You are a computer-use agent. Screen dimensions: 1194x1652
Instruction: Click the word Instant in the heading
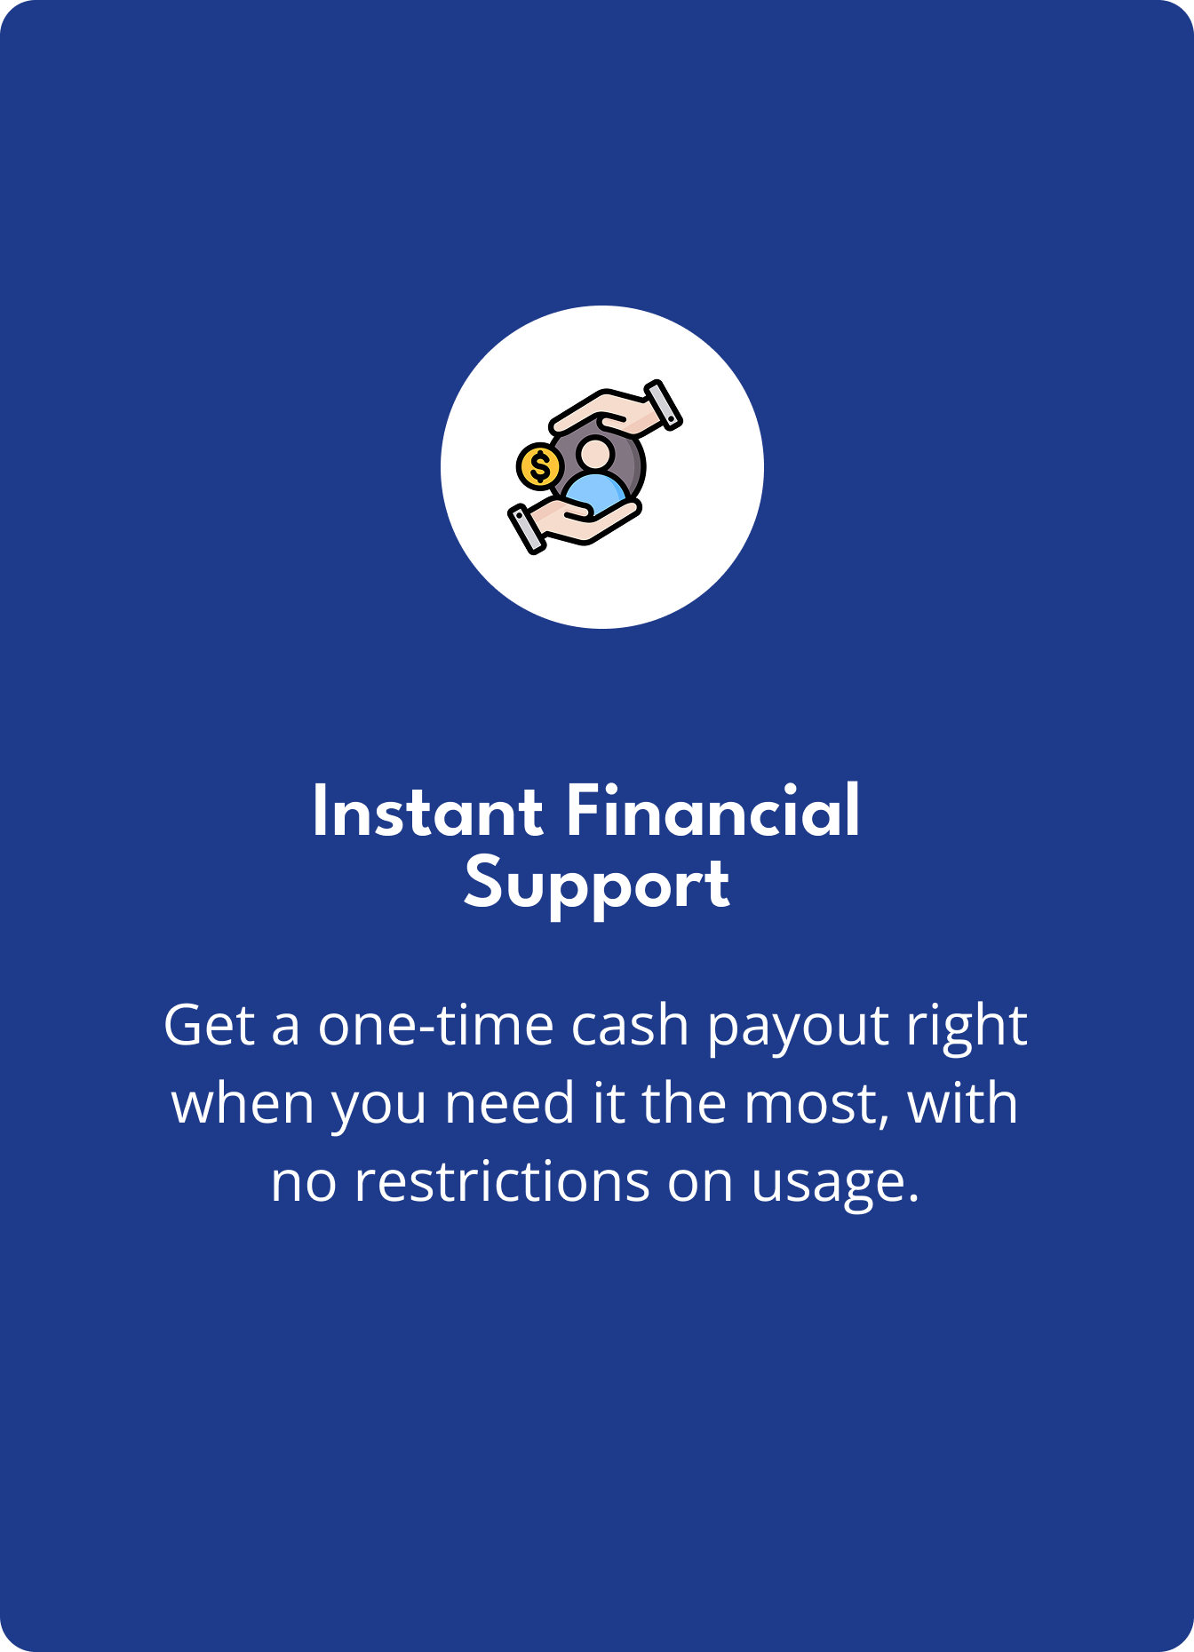pyautogui.click(x=427, y=811)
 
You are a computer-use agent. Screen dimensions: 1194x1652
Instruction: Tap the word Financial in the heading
pyautogui.click(x=712, y=811)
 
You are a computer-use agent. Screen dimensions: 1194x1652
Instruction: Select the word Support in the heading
pyautogui.click(x=596, y=886)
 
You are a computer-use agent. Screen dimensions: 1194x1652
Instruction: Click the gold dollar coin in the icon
pyautogui.click(x=539, y=466)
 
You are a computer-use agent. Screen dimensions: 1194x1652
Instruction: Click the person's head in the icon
pyautogui.click(x=594, y=453)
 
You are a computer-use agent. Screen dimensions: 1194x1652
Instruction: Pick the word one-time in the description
pyautogui.click(x=436, y=1026)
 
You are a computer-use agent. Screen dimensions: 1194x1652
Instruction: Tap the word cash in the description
pyautogui.click(x=630, y=1026)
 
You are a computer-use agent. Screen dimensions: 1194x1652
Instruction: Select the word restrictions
pyautogui.click(x=502, y=1182)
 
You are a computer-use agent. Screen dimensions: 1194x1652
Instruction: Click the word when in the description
pyautogui.click(x=243, y=1104)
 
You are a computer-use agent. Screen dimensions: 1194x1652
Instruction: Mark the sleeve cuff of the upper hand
pyautogui.click(x=664, y=405)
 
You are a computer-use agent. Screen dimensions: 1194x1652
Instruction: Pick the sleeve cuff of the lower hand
pyautogui.click(x=526, y=529)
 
